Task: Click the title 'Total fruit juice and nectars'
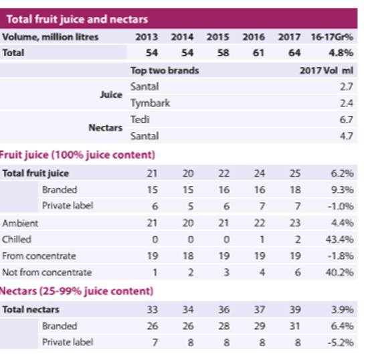coord(77,19)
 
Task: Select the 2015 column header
coord(218,37)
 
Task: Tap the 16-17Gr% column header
coord(332,37)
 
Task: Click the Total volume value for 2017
coord(294,53)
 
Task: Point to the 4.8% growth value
coord(341,53)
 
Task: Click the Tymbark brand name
coord(150,103)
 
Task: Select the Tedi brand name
coord(140,120)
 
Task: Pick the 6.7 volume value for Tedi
coord(347,120)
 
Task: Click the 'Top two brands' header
coord(165,70)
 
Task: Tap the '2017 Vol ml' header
coord(327,70)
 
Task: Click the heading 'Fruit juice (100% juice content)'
coord(77,155)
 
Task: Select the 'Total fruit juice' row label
coord(35,173)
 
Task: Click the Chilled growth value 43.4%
coord(340,240)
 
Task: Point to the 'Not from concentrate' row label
coord(47,272)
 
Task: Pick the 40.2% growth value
coord(340,272)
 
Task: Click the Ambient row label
coord(20,223)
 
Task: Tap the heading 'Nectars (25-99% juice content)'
coord(76,291)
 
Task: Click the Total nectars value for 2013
coord(153,310)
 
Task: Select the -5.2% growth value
coord(341,343)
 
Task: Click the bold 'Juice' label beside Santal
coord(111,95)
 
